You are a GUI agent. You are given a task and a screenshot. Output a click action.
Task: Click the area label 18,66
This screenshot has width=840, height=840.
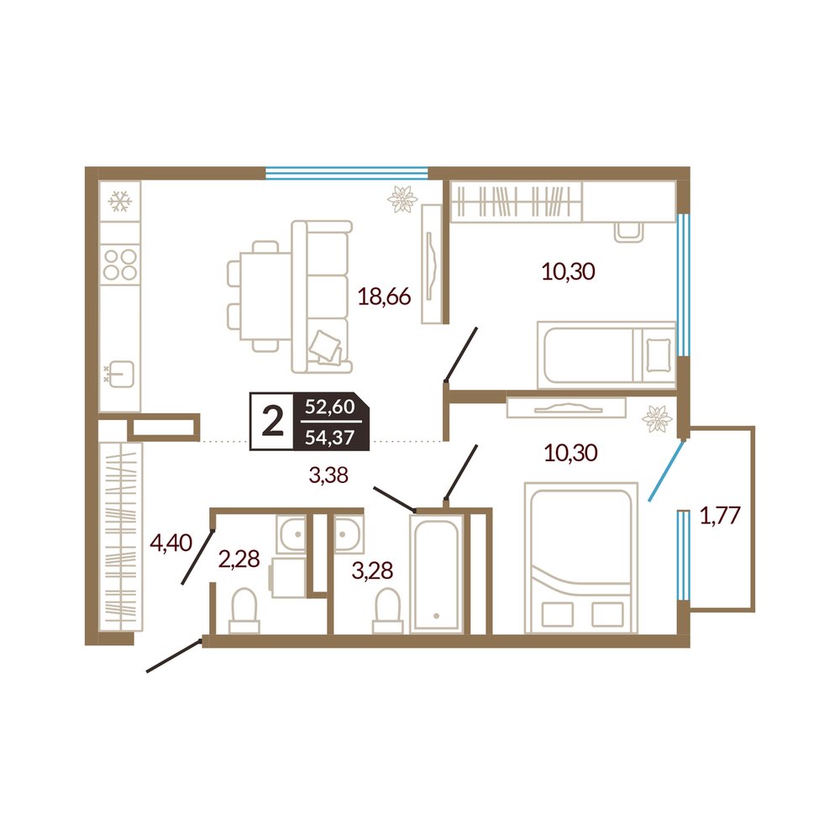(384, 297)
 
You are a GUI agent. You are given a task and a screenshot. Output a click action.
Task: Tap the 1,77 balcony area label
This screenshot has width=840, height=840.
(720, 516)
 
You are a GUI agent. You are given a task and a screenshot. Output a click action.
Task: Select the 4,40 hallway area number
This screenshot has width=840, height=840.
(171, 543)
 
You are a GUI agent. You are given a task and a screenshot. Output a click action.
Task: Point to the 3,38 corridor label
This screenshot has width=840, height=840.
(329, 475)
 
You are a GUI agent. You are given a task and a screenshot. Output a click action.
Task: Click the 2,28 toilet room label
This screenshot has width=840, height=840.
(239, 559)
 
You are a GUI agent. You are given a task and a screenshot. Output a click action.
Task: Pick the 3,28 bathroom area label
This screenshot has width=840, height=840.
(372, 570)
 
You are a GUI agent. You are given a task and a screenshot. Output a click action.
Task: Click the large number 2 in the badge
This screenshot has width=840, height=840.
(273, 421)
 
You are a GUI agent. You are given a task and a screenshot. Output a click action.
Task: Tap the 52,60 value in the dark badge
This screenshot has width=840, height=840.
(330, 407)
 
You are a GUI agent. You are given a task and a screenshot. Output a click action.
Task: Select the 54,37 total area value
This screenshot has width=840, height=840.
(330, 437)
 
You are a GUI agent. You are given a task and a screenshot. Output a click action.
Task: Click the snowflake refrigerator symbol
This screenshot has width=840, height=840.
(120, 202)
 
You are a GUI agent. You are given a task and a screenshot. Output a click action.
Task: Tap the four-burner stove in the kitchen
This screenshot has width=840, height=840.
(120, 265)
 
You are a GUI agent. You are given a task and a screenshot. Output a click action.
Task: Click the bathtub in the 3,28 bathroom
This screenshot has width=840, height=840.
(437, 573)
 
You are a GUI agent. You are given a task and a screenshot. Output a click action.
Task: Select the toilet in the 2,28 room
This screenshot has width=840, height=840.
(244, 612)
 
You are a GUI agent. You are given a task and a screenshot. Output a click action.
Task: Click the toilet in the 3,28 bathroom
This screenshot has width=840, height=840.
(388, 612)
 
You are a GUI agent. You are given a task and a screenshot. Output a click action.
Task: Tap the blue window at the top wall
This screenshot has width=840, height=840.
(347, 172)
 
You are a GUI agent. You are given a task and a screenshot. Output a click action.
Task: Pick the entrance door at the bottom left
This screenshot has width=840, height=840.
(174, 655)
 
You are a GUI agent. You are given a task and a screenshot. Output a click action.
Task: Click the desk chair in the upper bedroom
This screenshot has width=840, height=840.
(628, 232)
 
